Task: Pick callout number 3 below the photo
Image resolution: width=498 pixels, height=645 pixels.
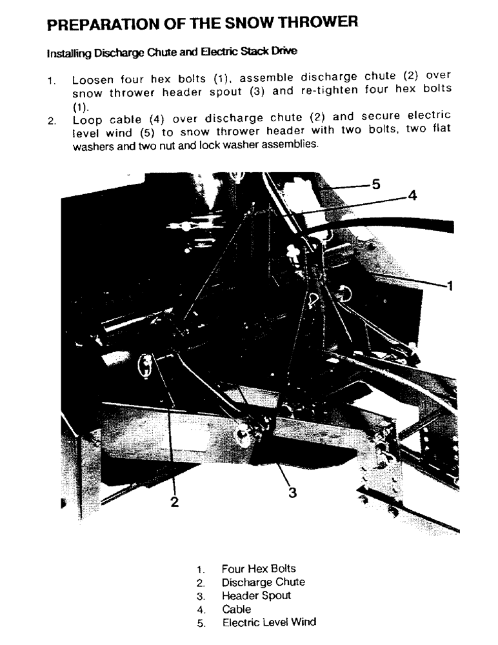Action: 292,493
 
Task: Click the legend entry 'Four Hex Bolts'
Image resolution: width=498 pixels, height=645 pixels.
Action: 258,569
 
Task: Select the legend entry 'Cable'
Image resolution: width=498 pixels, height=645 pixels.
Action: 236,609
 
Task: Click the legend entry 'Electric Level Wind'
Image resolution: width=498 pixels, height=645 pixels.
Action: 269,622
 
